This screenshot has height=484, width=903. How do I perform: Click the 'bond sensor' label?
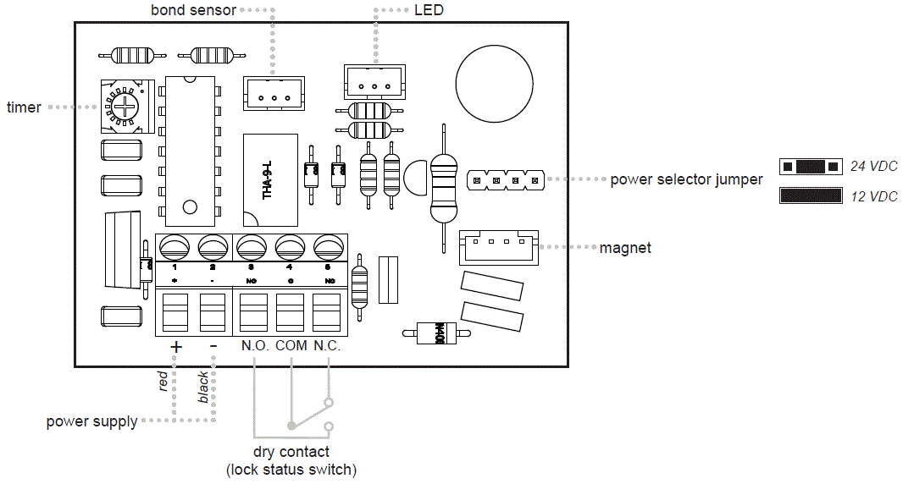[x=193, y=10]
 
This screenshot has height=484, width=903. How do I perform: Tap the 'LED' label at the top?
[x=429, y=10]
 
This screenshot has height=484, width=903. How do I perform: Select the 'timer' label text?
[x=24, y=107]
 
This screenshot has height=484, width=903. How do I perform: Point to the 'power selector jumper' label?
[x=686, y=179]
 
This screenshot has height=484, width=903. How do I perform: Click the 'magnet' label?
[x=625, y=248]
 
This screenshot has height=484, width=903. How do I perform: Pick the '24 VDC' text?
[x=873, y=167]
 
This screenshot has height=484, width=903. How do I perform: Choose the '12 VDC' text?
[x=873, y=196]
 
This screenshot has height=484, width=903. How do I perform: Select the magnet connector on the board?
[x=499, y=248]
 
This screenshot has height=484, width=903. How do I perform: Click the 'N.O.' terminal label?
[x=254, y=346]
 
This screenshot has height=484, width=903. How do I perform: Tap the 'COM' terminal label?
[x=291, y=346]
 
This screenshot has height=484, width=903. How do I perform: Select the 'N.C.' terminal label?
[x=327, y=346]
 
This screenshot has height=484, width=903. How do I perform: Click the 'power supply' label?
[x=91, y=421]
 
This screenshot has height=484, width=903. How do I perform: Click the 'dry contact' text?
[x=291, y=452]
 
